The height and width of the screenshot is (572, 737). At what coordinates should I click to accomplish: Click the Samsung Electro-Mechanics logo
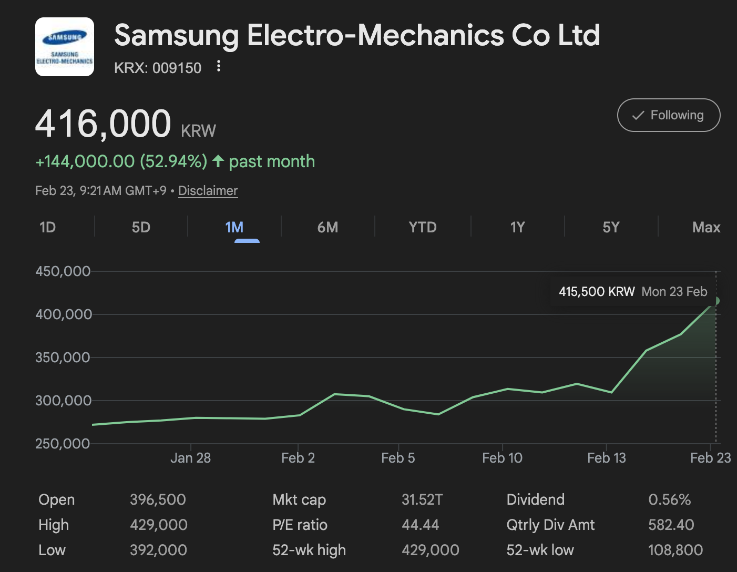coord(65,47)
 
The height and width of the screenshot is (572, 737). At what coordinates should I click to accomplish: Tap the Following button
coord(668,115)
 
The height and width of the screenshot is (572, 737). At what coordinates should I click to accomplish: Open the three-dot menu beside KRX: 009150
coord(219,66)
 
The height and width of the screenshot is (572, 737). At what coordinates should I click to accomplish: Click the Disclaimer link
coord(208,191)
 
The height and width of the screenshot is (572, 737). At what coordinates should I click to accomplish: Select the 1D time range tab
coord(47,227)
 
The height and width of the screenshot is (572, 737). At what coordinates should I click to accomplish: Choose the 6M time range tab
coord(327,227)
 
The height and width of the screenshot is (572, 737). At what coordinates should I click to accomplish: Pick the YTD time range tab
coord(423,227)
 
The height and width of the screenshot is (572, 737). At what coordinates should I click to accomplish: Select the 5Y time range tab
coord(611,227)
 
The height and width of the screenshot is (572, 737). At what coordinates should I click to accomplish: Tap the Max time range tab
coord(706,227)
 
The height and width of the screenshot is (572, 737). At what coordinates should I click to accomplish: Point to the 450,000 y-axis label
coord(63,271)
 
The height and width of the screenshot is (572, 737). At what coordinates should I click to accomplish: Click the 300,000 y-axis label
coord(63,401)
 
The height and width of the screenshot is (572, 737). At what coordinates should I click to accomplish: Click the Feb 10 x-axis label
coord(502,458)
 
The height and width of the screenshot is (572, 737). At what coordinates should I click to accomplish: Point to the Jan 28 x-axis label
coord(190,458)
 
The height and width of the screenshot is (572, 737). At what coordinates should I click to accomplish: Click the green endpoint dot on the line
coord(715,301)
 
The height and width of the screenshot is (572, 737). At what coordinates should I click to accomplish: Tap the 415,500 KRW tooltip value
coord(597,292)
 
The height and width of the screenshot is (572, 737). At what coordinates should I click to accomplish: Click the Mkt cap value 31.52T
coord(422,499)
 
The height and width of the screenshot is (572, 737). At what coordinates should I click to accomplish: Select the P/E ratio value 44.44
coord(420,525)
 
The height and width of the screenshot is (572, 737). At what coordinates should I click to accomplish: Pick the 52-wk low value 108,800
coord(675,550)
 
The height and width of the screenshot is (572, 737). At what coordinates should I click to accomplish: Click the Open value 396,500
coord(158,499)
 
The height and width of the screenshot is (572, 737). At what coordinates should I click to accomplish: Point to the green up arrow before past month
coord(218,161)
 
